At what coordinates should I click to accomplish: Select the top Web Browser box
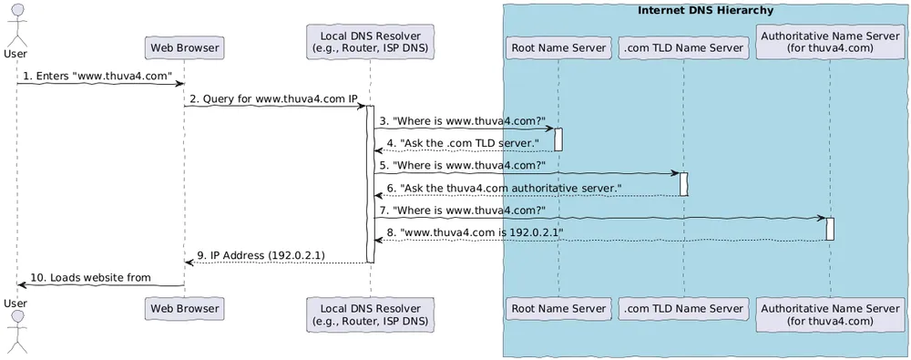tap(185, 47)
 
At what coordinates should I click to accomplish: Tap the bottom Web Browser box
tap(185, 309)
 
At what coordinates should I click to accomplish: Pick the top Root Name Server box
tap(558, 47)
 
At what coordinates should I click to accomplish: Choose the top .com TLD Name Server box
tap(682, 47)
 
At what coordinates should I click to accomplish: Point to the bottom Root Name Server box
tap(558, 309)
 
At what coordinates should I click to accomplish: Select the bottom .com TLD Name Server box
tap(682, 309)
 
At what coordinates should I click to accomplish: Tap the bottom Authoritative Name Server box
tap(830, 314)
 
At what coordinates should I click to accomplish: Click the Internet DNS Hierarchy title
tap(706, 11)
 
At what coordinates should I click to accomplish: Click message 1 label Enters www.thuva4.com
tap(98, 77)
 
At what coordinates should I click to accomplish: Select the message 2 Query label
tap(273, 98)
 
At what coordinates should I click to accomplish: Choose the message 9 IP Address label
tap(261, 255)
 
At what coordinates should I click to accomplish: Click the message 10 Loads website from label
tap(91, 277)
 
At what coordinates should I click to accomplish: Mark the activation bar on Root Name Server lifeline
tap(558, 139)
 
